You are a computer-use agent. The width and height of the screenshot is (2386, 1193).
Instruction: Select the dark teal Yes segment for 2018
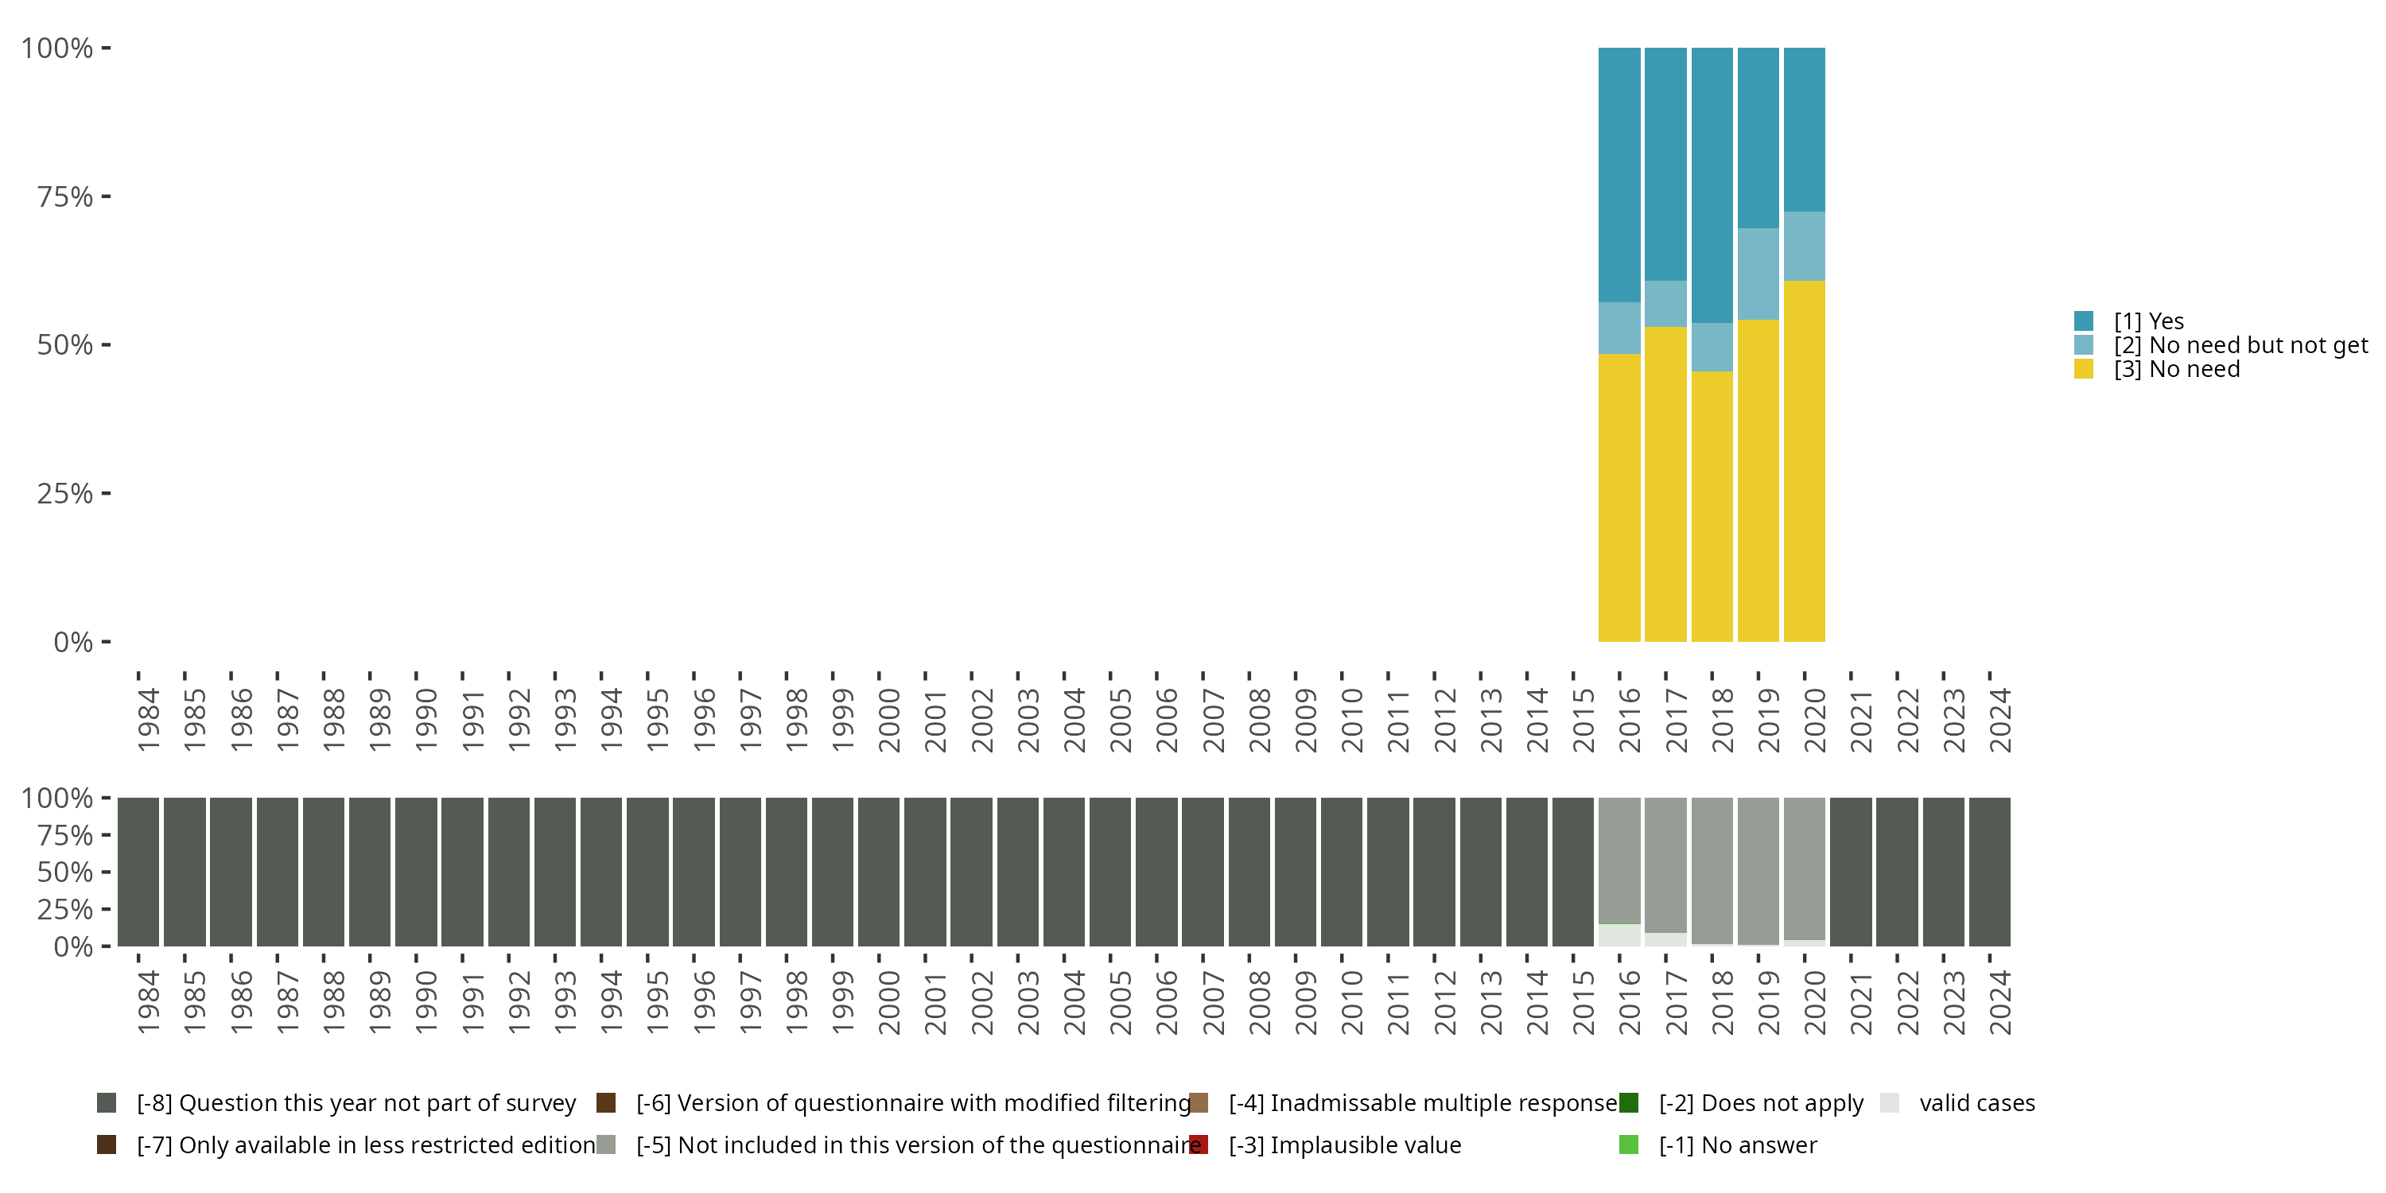(x=1712, y=185)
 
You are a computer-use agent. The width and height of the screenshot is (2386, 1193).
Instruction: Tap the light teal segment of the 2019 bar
(x=1758, y=274)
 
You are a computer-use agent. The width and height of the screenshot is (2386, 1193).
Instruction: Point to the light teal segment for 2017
(x=1665, y=304)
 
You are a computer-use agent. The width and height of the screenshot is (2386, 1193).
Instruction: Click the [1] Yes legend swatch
(x=2084, y=321)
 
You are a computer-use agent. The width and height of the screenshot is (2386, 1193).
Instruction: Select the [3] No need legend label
(x=2177, y=370)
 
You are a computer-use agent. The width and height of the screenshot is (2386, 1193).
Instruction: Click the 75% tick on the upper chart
(x=65, y=196)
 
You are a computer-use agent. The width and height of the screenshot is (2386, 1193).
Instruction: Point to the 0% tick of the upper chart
(x=73, y=642)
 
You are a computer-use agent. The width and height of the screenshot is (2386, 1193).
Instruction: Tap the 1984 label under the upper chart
(x=148, y=721)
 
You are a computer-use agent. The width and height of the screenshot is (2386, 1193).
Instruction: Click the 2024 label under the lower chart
(x=2001, y=1002)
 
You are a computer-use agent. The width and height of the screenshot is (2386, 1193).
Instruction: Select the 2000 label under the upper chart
(x=889, y=721)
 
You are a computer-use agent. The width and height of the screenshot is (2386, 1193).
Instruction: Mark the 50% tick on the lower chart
(x=65, y=872)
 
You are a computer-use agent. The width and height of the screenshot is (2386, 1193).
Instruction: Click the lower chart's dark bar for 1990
(x=416, y=872)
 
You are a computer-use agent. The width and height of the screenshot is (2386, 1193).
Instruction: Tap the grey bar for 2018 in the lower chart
(x=1712, y=871)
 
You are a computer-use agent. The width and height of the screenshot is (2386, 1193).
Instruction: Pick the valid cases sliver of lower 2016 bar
(x=1619, y=935)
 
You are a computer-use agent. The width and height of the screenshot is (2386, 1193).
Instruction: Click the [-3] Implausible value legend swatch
(x=1199, y=1144)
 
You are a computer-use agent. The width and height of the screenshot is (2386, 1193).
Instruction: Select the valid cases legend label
(x=1976, y=1103)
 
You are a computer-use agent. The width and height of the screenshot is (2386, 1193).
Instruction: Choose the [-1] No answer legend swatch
(x=1628, y=1144)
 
